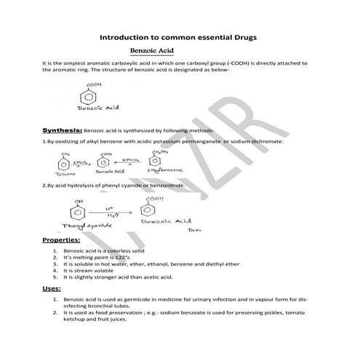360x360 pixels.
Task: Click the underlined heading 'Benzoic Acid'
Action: pos(151,52)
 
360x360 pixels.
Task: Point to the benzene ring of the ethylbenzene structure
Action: pos(155,160)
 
